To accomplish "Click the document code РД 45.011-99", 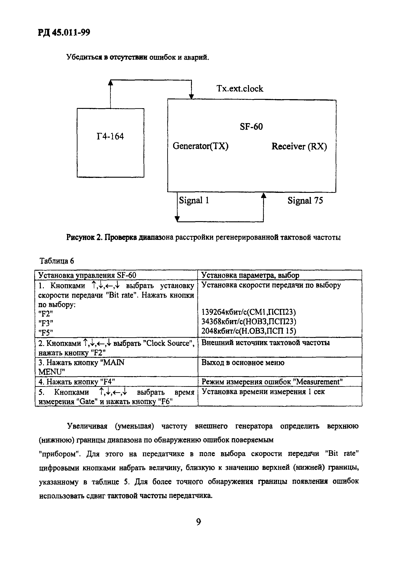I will click(x=64, y=33).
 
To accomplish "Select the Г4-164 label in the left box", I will click(x=110, y=136).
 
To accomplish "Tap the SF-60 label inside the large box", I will click(x=251, y=127).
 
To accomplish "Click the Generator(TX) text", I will click(x=201, y=146).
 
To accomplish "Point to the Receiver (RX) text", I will click(x=299, y=146).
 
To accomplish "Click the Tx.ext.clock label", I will click(x=240, y=89).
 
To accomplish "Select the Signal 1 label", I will click(x=194, y=201).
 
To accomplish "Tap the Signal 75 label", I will click(x=305, y=201).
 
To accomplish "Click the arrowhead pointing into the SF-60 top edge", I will click(x=191, y=97).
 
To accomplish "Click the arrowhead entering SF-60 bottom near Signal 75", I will click(x=264, y=195).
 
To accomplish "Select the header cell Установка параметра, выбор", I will click(x=250, y=275).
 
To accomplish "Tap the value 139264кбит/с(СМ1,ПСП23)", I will click(x=249, y=312).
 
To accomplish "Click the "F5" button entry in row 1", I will click(x=46, y=333).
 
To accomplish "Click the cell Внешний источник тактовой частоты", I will click(x=265, y=343).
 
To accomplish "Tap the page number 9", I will click(x=198, y=522).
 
